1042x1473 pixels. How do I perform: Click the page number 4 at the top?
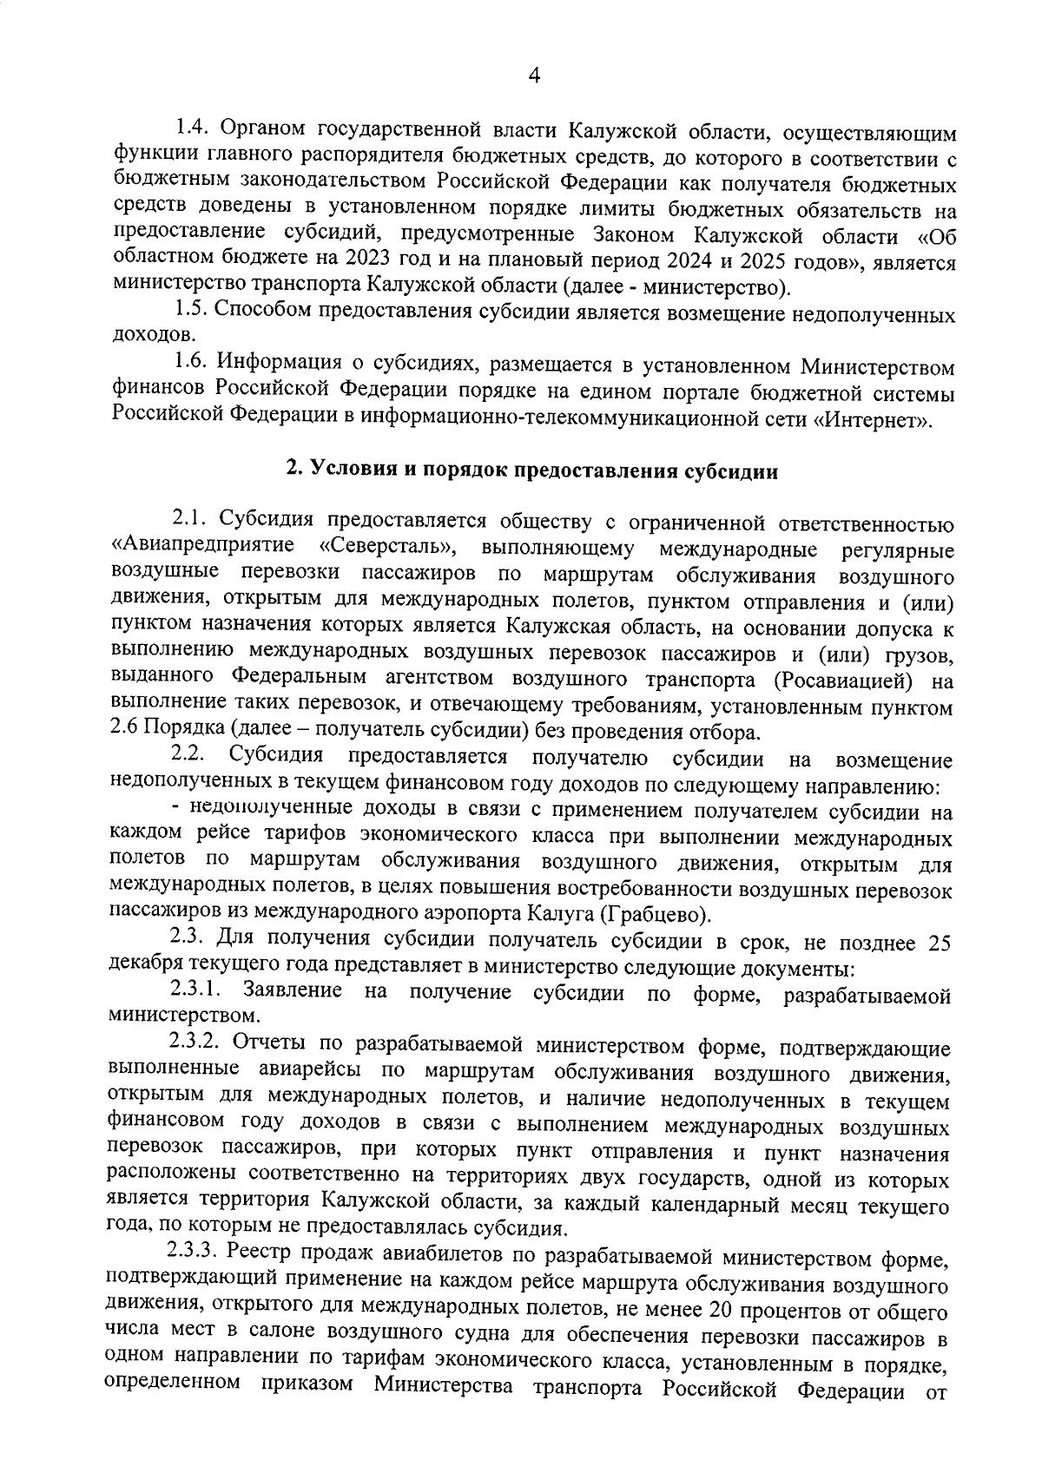tap(534, 76)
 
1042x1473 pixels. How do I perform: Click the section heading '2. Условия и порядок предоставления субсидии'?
tap(533, 470)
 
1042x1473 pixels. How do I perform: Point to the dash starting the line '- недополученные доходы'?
tap(176, 810)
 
